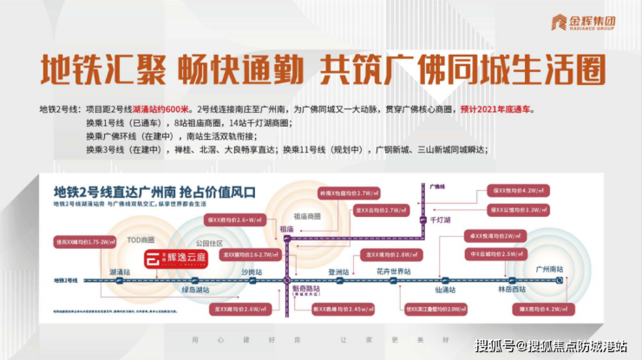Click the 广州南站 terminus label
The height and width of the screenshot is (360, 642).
coord(550,272)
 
